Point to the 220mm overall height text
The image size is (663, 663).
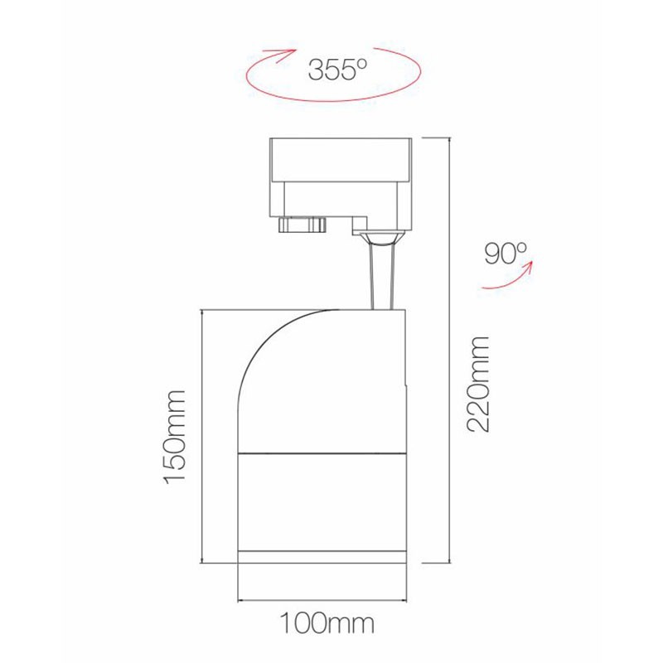coord(478,383)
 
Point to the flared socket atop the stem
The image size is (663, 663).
coord(381,240)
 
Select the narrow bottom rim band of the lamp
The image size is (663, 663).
coord(322,555)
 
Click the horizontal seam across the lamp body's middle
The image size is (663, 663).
coord(322,454)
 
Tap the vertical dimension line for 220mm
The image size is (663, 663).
coord(448,348)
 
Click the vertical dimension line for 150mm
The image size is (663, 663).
coord(202,435)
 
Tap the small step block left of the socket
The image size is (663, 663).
coord(358,223)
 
